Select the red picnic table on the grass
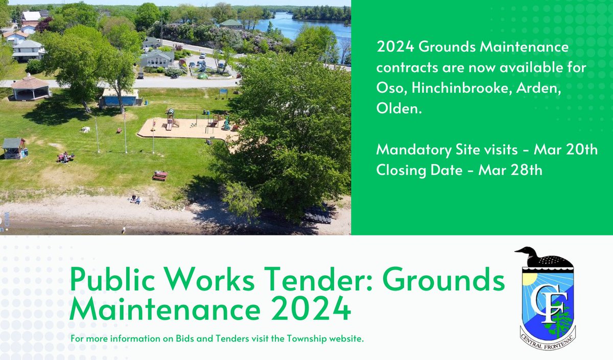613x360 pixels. coord(160,176)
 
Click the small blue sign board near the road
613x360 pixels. coord(223,93)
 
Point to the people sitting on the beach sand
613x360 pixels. coord(135,199)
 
